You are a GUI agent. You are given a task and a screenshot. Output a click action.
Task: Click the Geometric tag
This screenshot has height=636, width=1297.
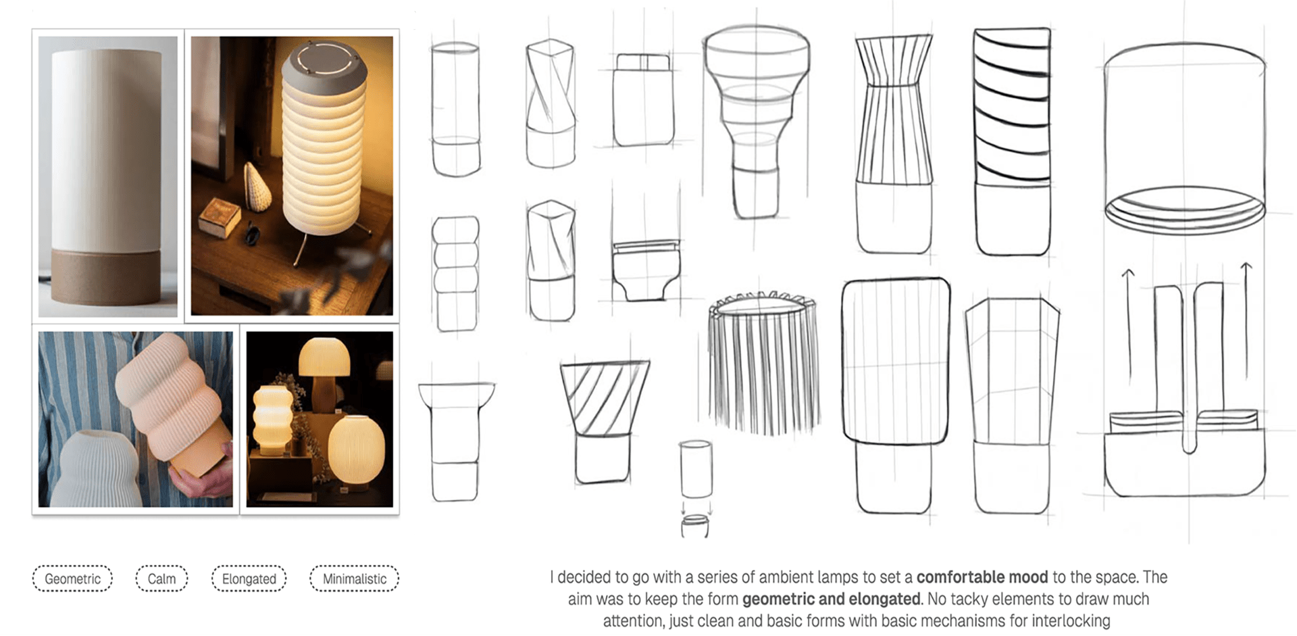[x=72, y=579]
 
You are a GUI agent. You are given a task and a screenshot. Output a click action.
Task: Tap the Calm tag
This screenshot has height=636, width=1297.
[x=161, y=579]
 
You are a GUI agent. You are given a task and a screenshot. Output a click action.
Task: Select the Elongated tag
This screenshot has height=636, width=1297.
[x=249, y=579]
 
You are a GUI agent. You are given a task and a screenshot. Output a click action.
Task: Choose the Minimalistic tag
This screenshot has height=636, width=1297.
[x=354, y=579]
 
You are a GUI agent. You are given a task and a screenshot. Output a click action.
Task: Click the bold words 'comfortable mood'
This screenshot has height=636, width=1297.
[x=982, y=577]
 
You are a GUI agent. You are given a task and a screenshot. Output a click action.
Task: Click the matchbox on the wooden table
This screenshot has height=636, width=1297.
[x=220, y=216]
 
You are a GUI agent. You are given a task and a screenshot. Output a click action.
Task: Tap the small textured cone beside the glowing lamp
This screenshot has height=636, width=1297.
[x=257, y=187]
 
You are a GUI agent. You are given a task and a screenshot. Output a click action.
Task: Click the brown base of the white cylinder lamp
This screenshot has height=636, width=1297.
[x=107, y=277]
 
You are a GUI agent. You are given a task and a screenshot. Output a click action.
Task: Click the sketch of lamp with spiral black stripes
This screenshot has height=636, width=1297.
[x=1012, y=141]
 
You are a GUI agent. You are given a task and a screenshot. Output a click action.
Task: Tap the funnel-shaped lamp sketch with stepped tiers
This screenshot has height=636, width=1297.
[x=756, y=122]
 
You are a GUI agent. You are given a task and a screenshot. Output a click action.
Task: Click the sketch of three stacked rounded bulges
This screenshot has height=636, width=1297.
[x=456, y=274]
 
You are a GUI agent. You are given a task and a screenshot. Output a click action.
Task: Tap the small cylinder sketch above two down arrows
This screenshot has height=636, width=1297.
[x=696, y=470]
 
